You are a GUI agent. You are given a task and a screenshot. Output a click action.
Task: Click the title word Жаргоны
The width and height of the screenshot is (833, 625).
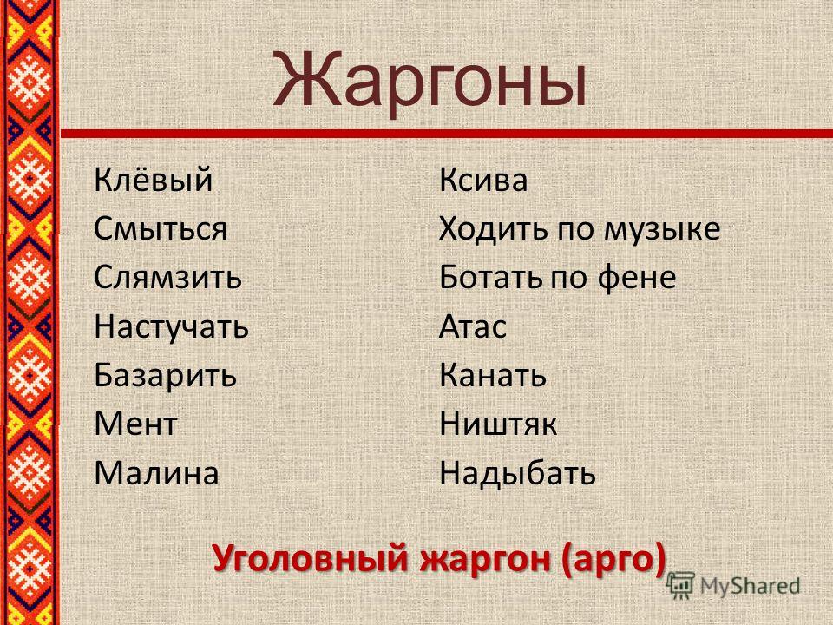[x=430, y=81]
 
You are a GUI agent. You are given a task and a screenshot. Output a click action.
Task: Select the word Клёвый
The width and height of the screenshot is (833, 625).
[x=154, y=179]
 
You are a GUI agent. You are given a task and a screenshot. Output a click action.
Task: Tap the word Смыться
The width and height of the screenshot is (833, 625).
[x=161, y=229]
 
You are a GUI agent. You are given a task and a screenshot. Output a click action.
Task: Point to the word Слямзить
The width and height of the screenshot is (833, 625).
[x=167, y=278]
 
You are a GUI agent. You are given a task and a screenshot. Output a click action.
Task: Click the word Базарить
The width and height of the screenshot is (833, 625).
[x=165, y=375]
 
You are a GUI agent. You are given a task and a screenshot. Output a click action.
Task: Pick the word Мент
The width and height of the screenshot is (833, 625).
[x=135, y=424]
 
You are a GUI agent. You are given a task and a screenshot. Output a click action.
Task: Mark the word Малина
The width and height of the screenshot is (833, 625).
[x=156, y=473]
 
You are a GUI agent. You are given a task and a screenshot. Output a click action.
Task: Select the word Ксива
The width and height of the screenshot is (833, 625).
[x=483, y=180]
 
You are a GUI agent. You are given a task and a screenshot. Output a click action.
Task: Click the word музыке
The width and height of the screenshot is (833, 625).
[x=662, y=229]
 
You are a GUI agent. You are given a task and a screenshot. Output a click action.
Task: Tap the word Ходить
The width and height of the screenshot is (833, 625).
[x=494, y=229]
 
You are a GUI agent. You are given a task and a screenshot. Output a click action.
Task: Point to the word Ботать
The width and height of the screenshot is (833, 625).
[x=491, y=278]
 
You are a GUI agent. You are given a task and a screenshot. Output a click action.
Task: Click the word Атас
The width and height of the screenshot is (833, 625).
[x=473, y=326]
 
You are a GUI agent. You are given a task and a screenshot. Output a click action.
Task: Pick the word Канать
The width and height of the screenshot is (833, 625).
[x=493, y=375]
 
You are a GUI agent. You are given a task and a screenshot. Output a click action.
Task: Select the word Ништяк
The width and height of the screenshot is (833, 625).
[x=498, y=424]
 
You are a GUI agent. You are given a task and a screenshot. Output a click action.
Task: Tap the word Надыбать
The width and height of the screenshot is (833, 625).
[x=517, y=472]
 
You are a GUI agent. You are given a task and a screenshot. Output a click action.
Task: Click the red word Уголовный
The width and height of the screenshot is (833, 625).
[x=311, y=558]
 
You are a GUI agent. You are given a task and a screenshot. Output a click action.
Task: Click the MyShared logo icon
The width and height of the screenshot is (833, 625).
[x=680, y=586]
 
